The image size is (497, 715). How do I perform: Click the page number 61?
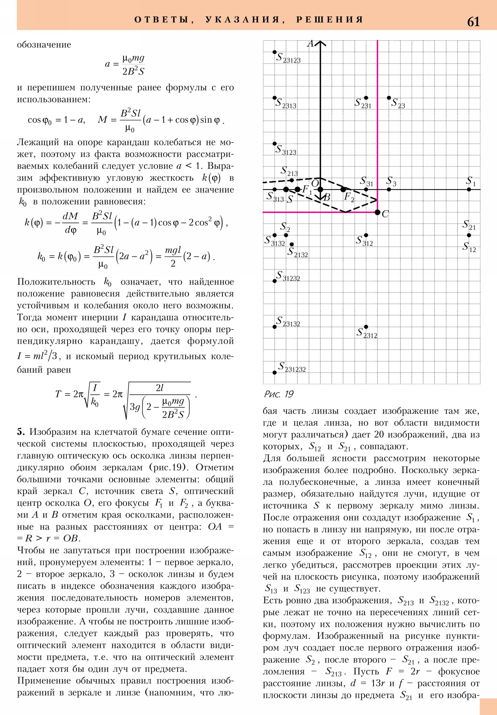473,22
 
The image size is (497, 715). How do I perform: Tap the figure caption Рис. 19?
279,394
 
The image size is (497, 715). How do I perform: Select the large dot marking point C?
377,212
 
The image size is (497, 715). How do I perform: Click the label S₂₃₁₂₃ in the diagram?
288,58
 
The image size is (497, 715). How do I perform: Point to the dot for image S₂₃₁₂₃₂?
275,372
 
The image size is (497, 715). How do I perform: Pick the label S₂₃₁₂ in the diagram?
367,333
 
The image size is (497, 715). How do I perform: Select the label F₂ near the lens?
349,197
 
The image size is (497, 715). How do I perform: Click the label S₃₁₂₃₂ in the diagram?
288,276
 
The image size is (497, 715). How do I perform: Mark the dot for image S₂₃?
389,98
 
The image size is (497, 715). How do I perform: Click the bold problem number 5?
21,431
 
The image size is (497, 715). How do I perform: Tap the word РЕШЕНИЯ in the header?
330,20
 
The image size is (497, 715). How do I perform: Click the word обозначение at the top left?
44,45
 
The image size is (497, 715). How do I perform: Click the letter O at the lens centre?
315,183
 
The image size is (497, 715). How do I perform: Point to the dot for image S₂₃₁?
366,98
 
